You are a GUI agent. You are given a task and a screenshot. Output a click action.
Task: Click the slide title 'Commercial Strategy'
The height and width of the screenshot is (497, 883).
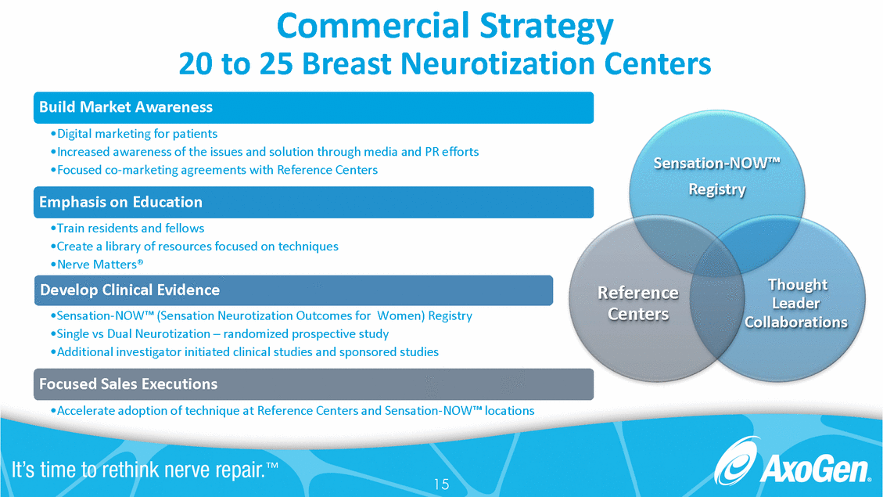445,27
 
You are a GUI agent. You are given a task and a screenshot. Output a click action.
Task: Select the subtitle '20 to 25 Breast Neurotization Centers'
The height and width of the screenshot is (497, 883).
445,63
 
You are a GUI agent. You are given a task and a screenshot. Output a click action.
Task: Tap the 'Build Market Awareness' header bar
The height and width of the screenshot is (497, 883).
313,107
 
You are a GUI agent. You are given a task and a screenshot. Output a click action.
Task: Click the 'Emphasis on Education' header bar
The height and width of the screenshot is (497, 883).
313,202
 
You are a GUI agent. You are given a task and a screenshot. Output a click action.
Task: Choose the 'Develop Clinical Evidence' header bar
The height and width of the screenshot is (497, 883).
293,290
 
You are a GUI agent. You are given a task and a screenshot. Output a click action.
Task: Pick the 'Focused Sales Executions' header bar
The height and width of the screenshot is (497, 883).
313,384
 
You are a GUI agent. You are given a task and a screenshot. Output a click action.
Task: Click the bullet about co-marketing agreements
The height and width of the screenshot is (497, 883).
214,170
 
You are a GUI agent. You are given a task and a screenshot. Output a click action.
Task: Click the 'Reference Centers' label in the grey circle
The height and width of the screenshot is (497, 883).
637,303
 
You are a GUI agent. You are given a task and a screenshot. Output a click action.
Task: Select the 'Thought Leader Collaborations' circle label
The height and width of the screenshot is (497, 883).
796,303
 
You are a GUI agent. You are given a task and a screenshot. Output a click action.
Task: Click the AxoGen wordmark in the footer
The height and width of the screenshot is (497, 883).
816,471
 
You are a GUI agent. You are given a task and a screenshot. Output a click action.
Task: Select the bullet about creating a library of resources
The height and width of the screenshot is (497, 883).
194,247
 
